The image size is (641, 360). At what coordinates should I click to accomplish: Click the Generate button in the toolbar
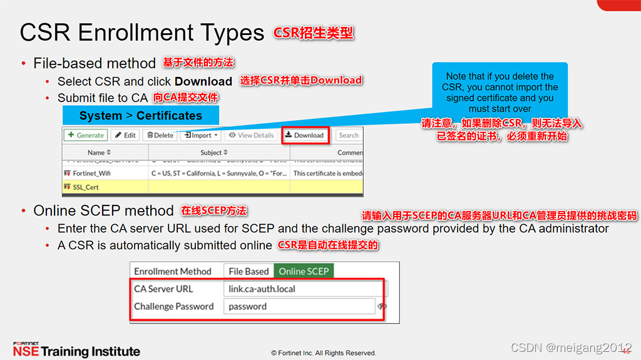pos(85,135)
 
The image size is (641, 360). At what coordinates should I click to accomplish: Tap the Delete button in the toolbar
pos(160,135)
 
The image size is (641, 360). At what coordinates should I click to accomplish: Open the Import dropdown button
pos(200,135)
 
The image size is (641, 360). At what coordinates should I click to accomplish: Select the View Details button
pos(251,135)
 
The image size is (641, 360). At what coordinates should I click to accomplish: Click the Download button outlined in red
pos(304,135)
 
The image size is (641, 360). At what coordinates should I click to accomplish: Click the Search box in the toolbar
pos(349,135)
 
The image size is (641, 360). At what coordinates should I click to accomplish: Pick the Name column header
pos(99,152)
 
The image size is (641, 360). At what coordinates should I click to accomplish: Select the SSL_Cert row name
pos(86,187)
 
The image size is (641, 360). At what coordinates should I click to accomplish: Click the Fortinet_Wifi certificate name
pos(91,173)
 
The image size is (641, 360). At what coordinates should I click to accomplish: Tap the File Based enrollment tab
pos(249,271)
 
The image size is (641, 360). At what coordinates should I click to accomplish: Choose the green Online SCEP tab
pos(304,271)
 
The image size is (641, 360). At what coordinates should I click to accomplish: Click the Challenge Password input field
pos(299,306)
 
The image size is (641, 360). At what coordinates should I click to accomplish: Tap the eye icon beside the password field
pos(382,306)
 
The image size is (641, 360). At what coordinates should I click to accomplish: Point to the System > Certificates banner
pos(141,116)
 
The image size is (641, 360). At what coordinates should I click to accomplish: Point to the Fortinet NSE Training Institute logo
pos(76,350)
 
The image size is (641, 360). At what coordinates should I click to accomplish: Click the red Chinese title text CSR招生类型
pos(314,33)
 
